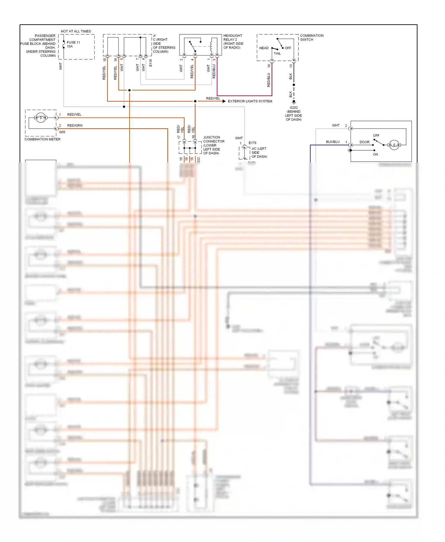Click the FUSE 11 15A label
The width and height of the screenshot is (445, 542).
click(x=73, y=44)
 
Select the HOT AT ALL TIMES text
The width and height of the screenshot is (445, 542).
click(x=76, y=31)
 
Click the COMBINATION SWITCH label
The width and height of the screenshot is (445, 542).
click(x=311, y=37)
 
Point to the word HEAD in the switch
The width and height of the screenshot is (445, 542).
click(x=264, y=48)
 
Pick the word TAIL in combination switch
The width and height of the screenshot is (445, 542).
click(x=277, y=54)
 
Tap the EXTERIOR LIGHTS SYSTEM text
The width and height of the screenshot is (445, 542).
click(x=250, y=101)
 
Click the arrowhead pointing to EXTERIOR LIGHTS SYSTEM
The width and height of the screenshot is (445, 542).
click(x=224, y=101)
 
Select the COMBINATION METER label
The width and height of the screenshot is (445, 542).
click(x=42, y=139)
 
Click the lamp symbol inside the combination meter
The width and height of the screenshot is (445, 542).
click(x=41, y=118)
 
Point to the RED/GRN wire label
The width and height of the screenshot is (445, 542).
click(x=75, y=125)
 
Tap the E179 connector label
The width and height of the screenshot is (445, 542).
click(x=252, y=143)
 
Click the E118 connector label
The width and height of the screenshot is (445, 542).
click(x=151, y=63)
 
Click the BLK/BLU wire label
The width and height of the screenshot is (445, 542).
click(x=333, y=142)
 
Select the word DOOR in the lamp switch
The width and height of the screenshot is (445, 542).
click(x=364, y=142)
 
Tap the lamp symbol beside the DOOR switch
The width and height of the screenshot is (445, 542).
click(x=394, y=145)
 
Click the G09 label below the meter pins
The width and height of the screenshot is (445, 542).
click(x=62, y=132)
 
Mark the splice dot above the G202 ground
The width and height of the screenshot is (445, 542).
click(x=294, y=85)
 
